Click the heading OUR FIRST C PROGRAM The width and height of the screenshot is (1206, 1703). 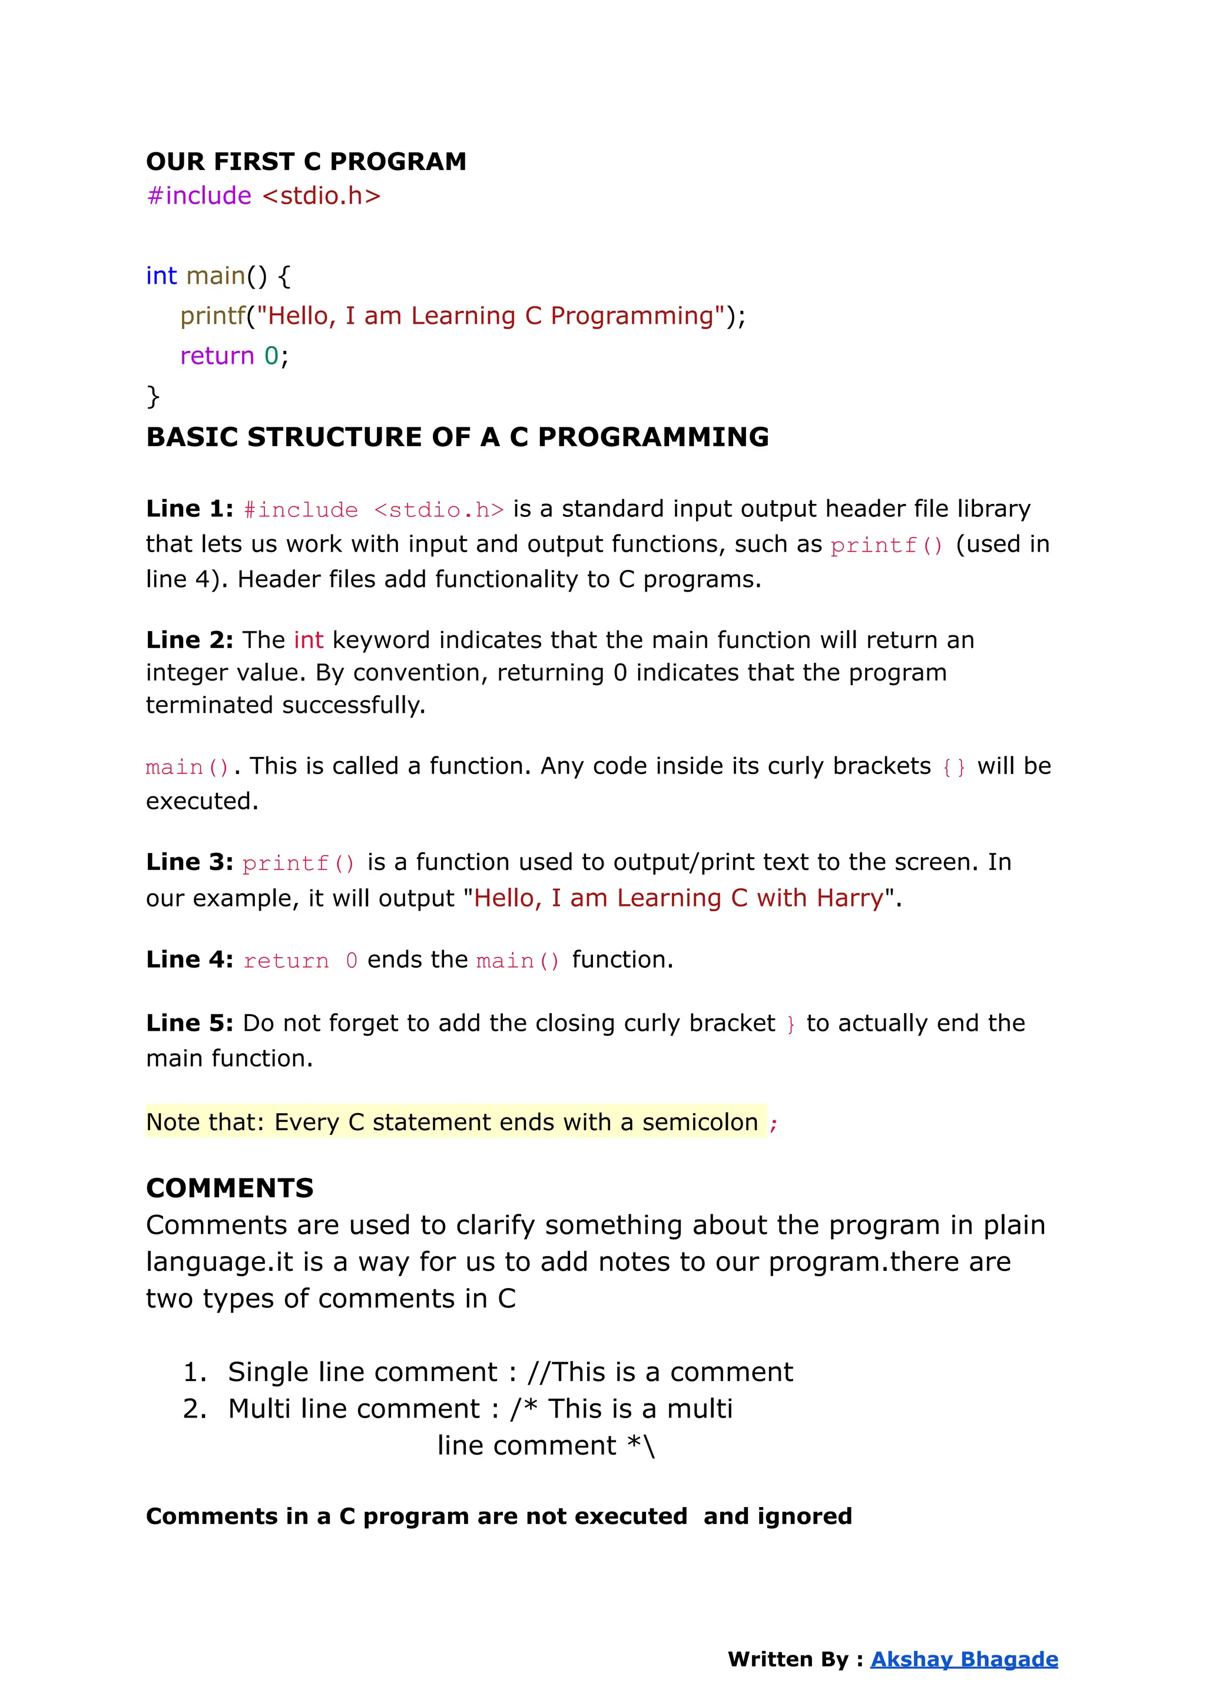(306, 161)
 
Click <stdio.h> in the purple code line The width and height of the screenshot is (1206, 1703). (321, 195)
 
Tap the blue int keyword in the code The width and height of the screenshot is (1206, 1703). (161, 275)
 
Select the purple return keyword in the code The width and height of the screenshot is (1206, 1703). (217, 356)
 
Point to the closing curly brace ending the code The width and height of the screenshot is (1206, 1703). (153, 396)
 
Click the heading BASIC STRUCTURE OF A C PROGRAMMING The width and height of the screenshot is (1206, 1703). (458, 437)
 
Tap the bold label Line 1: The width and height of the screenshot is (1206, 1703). (190, 509)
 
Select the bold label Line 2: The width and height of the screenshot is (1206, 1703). (190, 640)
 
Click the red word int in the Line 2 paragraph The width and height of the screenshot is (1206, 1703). (308, 640)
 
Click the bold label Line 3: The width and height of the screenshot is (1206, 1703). (190, 862)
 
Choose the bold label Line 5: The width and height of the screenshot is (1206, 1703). (190, 1023)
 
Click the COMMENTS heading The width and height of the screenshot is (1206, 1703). (230, 1188)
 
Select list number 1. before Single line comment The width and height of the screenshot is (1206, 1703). (194, 1372)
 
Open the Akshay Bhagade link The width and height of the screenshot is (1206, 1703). (964, 1659)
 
